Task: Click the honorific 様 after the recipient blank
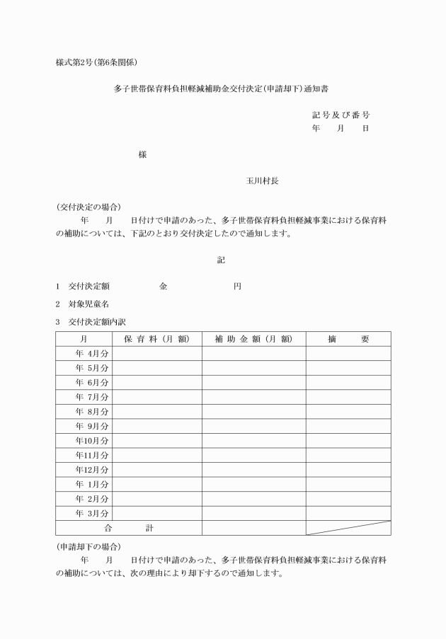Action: (143, 154)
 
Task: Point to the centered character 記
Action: (221, 260)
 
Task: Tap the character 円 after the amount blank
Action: (237, 287)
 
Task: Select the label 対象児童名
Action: (88, 304)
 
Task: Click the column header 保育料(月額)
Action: (156, 339)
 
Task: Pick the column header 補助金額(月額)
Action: (253, 339)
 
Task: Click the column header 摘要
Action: (348, 339)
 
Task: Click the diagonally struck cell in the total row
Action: (348, 527)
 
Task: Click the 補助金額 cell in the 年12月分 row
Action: (253, 469)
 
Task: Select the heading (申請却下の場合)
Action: (88, 547)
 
